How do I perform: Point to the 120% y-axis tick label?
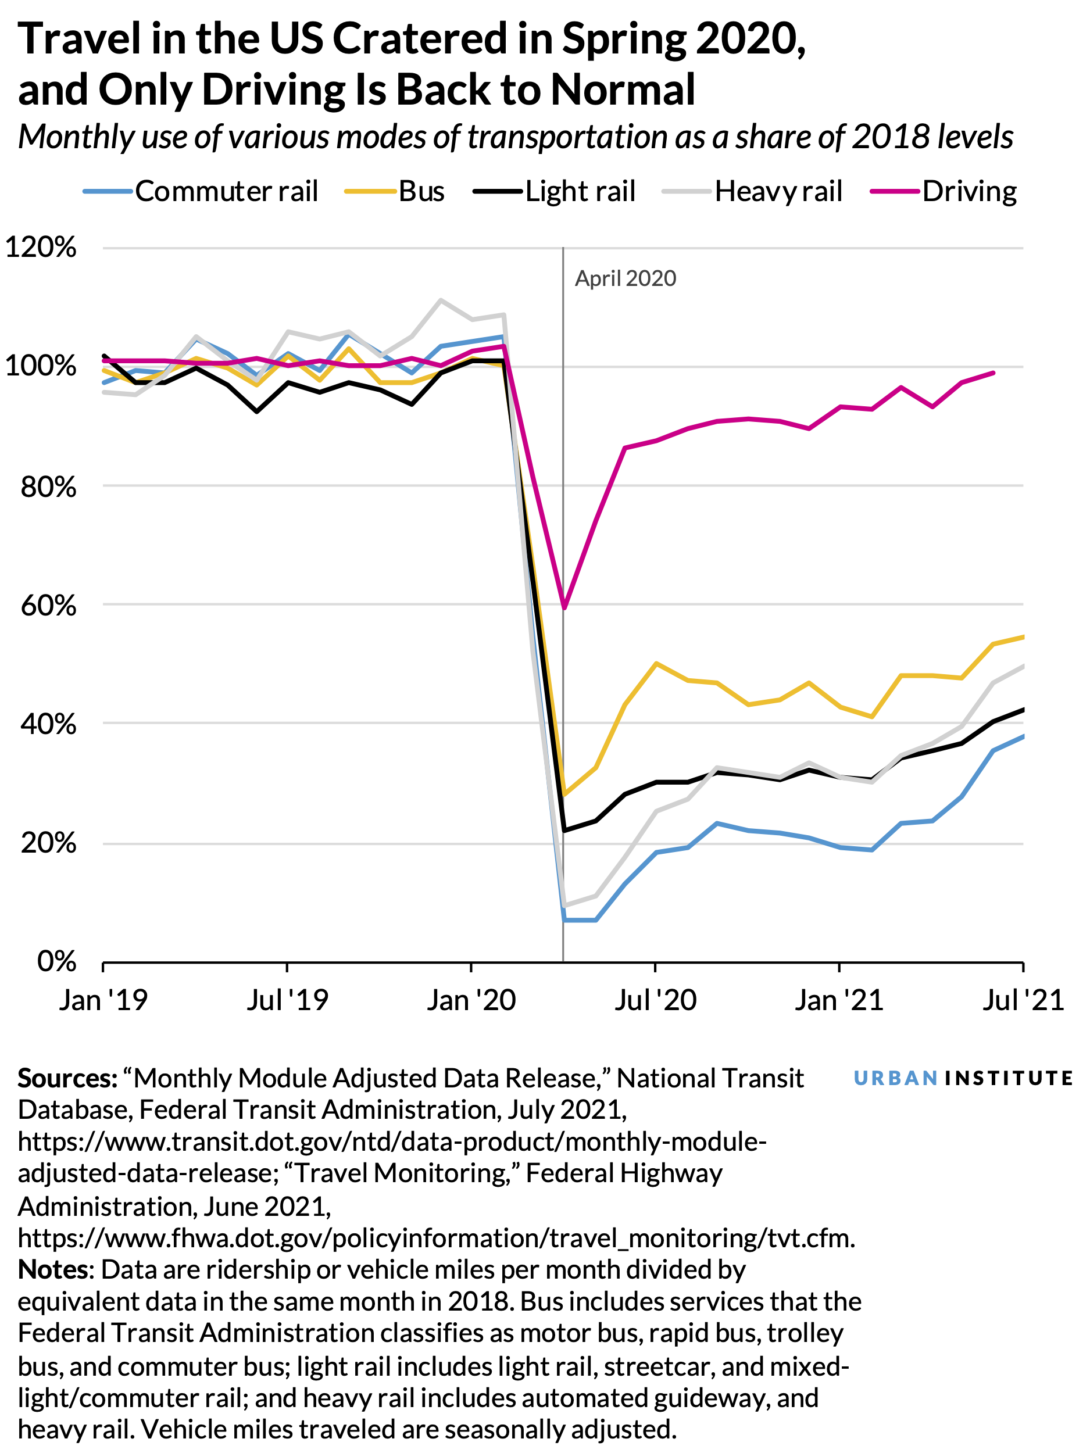coord(41,248)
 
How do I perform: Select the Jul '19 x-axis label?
coord(287,1000)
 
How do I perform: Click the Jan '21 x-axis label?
coord(839,1000)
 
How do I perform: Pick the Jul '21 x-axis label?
coord(1023,1000)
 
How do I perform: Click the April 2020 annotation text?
coord(625,278)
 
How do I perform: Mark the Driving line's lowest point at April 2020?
coord(564,607)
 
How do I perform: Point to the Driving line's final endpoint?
coord(993,373)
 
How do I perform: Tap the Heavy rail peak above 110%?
coord(441,300)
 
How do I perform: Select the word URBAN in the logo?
coord(895,1078)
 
